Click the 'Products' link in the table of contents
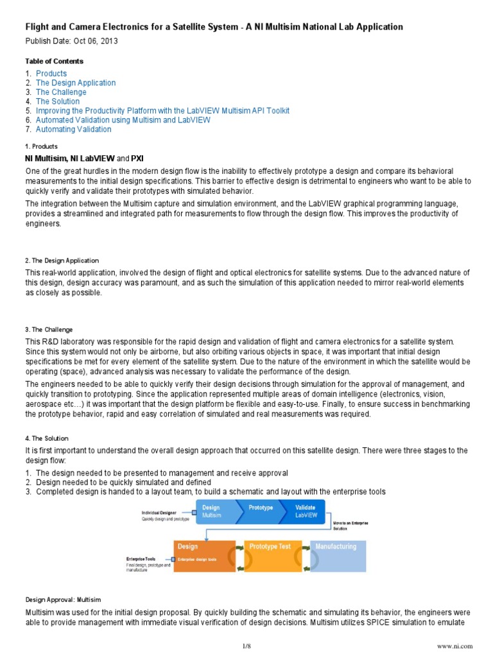tap(51, 74)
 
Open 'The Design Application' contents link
tap(76, 83)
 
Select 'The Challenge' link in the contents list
tap(61, 92)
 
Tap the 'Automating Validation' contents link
tap(73, 129)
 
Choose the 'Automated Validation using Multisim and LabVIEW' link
tap(123, 120)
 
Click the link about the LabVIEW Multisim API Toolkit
tap(162, 110)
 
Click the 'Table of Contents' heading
tap(54, 61)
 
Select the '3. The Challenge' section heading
tap(49, 330)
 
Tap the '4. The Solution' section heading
tap(48, 438)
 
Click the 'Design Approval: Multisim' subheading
tap(63, 599)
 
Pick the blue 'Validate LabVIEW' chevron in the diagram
tap(306, 511)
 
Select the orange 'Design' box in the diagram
tap(205, 555)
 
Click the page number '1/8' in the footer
tap(246, 645)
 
